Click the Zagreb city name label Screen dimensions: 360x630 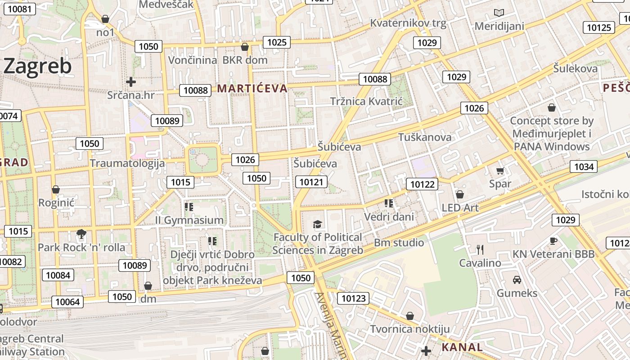tap(37, 67)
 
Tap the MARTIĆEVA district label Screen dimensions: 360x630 tap(252, 89)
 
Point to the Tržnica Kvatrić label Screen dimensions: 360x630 tap(366, 101)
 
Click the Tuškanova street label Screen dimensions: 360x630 tap(425, 137)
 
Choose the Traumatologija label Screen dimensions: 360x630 tap(127, 163)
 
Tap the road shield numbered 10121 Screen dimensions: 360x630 tap(311, 182)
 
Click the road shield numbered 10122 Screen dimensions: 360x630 tap(422, 184)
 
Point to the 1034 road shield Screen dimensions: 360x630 tap(584, 167)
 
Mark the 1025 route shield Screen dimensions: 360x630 tap(277, 43)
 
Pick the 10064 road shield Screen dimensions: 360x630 tap(67, 301)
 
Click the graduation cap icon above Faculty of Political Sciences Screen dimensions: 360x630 tap(318, 224)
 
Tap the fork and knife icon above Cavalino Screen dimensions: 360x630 tap(480, 249)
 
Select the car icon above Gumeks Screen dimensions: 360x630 tap(517, 279)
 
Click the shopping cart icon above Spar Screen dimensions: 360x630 tap(500, 171)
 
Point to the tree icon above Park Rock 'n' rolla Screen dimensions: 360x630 tap(81, 234)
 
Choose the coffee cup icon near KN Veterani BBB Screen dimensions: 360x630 tap(553, 241)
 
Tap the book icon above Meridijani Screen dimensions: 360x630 tap(499, 13)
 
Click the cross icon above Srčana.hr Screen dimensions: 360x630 tap(131, 82)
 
